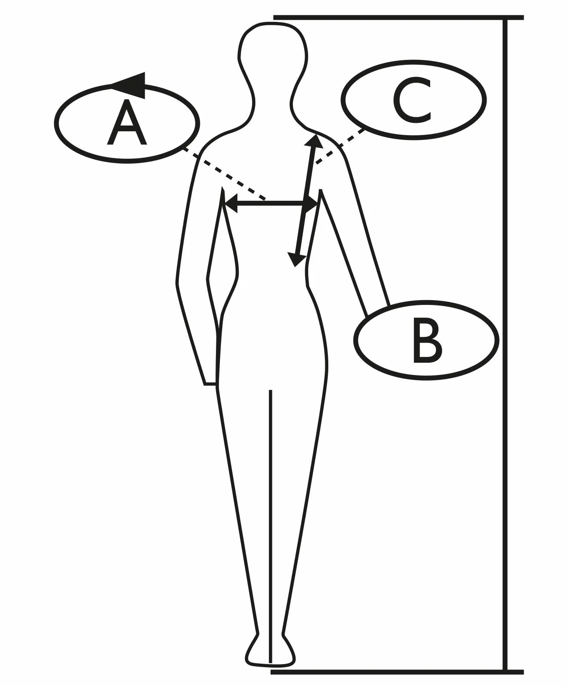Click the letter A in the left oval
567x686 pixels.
point(127,122)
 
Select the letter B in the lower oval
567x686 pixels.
point(427,340)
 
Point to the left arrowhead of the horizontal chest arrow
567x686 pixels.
point(231,204)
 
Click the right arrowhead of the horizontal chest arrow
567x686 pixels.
point(310,204)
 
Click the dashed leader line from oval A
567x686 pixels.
point(223,174)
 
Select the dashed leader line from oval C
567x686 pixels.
point(340,146)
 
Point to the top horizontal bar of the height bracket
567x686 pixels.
point(398,17)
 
